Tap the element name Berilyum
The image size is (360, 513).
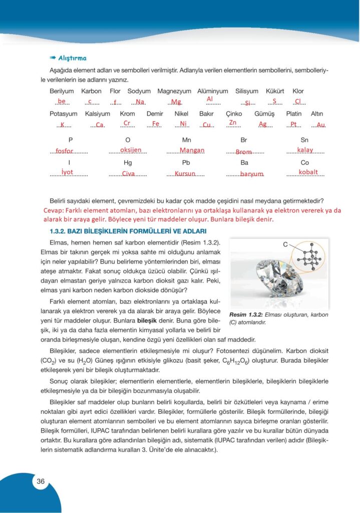62,91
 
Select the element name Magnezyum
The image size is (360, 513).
174,91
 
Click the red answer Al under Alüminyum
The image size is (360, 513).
210,99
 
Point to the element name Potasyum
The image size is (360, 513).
64,114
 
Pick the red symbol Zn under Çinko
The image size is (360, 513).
232,122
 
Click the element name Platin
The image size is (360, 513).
293,114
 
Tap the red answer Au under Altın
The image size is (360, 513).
320,124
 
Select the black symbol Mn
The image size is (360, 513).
187,140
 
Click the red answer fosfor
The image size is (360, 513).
65,151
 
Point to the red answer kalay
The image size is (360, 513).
305,150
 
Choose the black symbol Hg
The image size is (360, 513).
128,163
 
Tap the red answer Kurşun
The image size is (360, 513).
185,174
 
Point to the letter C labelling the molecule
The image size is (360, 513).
285,244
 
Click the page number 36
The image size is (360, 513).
41,481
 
